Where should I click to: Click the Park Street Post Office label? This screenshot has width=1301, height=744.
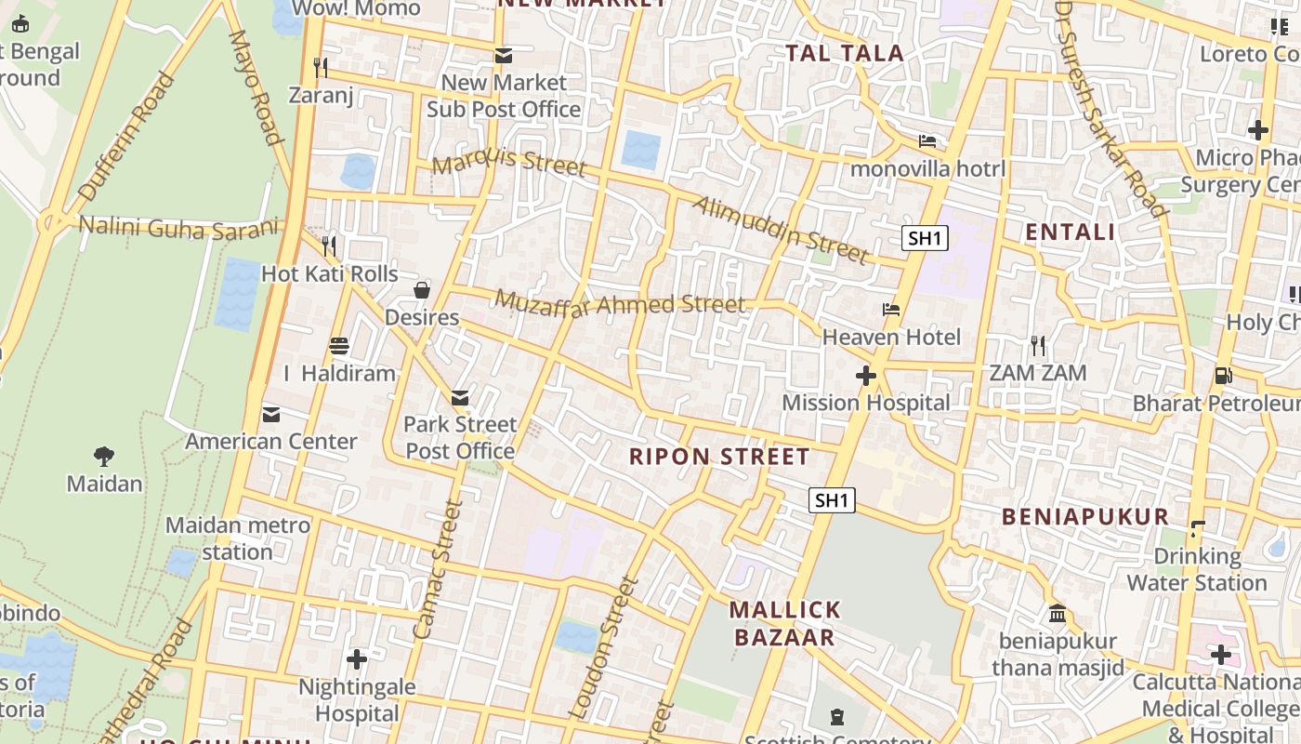460,438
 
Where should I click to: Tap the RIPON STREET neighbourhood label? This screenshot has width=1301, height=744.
719,457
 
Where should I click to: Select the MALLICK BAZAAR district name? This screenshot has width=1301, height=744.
785,624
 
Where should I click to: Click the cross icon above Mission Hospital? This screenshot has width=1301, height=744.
866,376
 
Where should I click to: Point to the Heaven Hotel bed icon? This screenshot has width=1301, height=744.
891,310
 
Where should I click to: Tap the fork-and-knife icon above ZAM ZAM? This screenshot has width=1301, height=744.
1038,346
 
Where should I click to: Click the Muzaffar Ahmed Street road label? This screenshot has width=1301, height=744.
620,303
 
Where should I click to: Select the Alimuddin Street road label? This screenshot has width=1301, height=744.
779,229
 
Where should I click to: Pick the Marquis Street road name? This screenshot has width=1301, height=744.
509,163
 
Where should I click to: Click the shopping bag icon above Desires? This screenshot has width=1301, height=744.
422,290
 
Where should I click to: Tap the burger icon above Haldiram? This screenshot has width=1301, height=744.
339,346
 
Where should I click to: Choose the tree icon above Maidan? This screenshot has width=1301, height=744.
104,456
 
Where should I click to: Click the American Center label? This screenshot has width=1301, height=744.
271,441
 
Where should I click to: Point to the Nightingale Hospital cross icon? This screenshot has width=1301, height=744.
357,659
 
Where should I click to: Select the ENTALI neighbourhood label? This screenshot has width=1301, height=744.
1070,232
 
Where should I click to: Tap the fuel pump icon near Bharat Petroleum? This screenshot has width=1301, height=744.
1224,376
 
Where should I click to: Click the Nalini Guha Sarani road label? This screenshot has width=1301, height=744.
178,227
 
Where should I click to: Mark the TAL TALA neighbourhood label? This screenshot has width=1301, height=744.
845,53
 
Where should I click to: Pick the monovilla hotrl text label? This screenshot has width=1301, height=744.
927,169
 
